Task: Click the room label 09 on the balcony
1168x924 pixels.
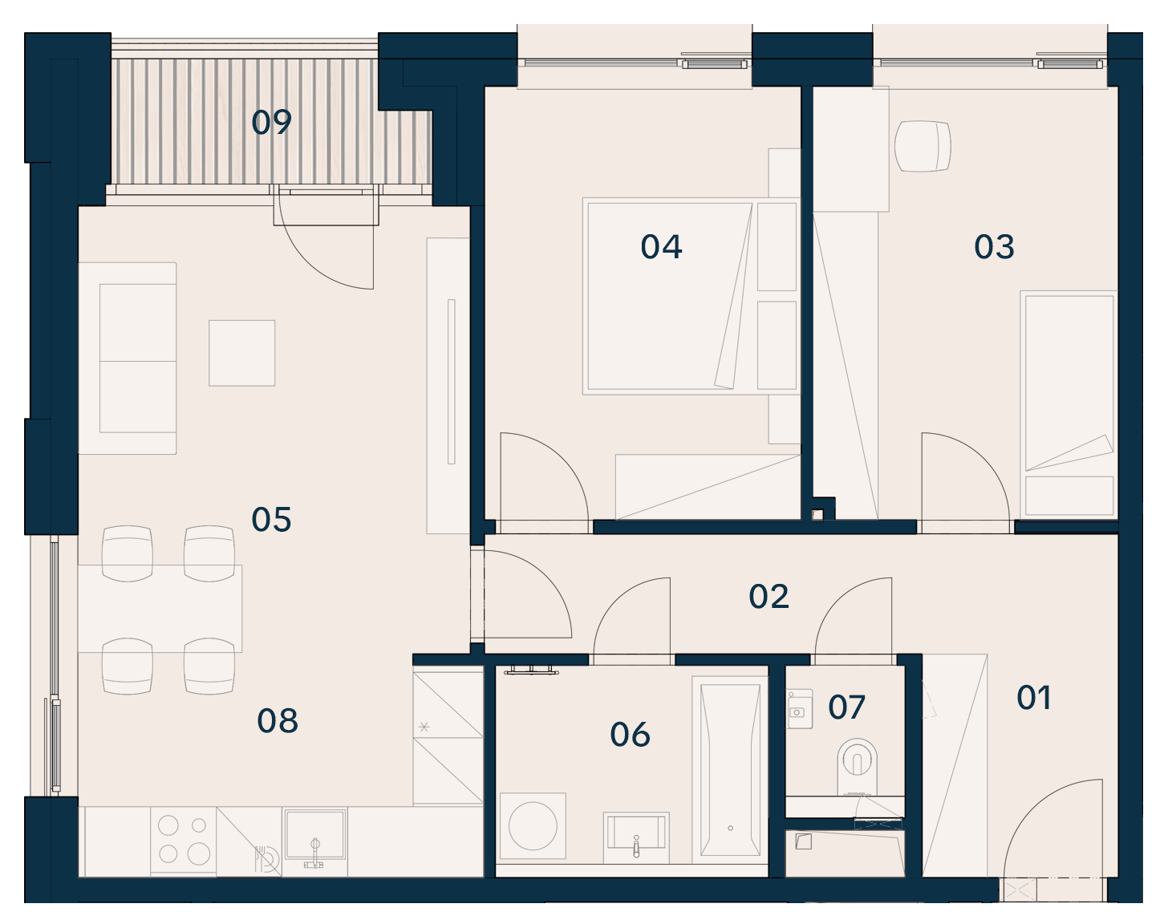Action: pos(271,122)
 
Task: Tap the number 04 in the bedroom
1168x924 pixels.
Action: pos(661,247)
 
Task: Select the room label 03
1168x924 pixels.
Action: pos(994,247)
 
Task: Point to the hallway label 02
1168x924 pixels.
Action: pos(769,597)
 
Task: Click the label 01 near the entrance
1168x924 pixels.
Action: pos(1034,698)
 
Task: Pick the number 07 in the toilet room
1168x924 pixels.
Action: pos(846,707)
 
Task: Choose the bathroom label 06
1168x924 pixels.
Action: pos(630,735)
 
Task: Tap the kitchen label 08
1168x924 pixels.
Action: pos(278,721)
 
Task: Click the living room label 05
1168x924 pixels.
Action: pos(271,520)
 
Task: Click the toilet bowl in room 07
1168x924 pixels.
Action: pos(857,765)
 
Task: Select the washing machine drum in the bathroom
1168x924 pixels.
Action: pos(533,825)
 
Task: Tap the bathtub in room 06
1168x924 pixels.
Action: pos(730,770)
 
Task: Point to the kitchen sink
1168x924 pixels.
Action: pos(314,835)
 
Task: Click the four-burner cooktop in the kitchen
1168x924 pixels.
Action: pos(184,840)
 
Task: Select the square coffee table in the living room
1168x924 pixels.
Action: pos(242,353)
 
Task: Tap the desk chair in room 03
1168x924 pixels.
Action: pos(923,146)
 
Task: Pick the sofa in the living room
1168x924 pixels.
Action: pos(127,359)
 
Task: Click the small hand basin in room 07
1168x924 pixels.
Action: pos(800,709)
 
